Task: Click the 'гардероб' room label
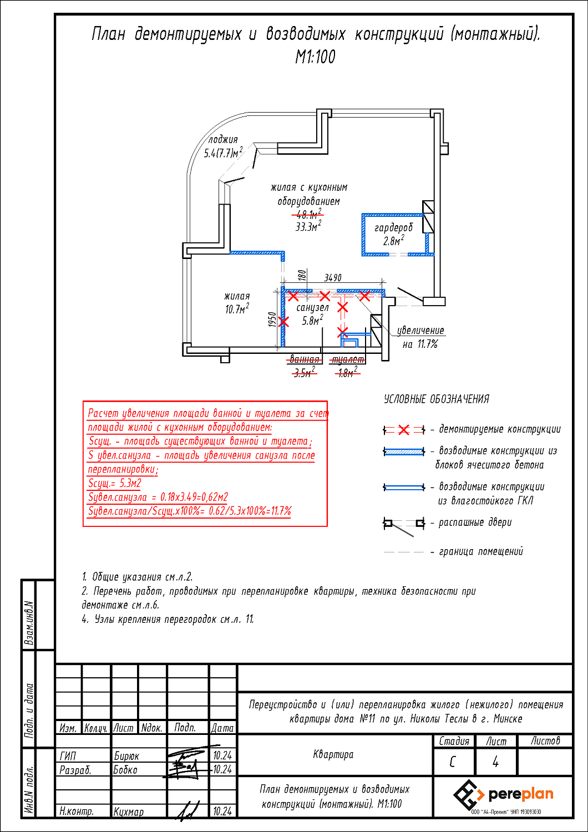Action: click(x=393, y=227)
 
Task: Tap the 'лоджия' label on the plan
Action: click(x=223, y=140)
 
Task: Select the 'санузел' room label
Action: click(x=312, y=307)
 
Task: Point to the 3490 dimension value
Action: click(x=333, y=277)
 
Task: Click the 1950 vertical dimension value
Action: click(x=272, y=319)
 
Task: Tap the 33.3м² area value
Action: click(x=308, y=226)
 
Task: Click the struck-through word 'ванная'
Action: click(x=304, y=359)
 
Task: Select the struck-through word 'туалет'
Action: click(x=348, y=359)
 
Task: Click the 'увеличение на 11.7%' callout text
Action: click(x=420, y=337)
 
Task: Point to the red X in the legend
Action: click(x=404, y=430)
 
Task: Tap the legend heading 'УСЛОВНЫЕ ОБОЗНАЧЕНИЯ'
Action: click(x=437, y=399)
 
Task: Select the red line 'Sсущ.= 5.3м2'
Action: click(x=115, y=483)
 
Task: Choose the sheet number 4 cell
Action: click(x=495, y=762)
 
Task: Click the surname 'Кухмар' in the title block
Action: click(x=129, y=812)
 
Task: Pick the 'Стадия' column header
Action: click(x=454, y=742)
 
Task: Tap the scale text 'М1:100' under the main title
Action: click(x=315, y=57)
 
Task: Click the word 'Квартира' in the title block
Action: click(x=333, y=754)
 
